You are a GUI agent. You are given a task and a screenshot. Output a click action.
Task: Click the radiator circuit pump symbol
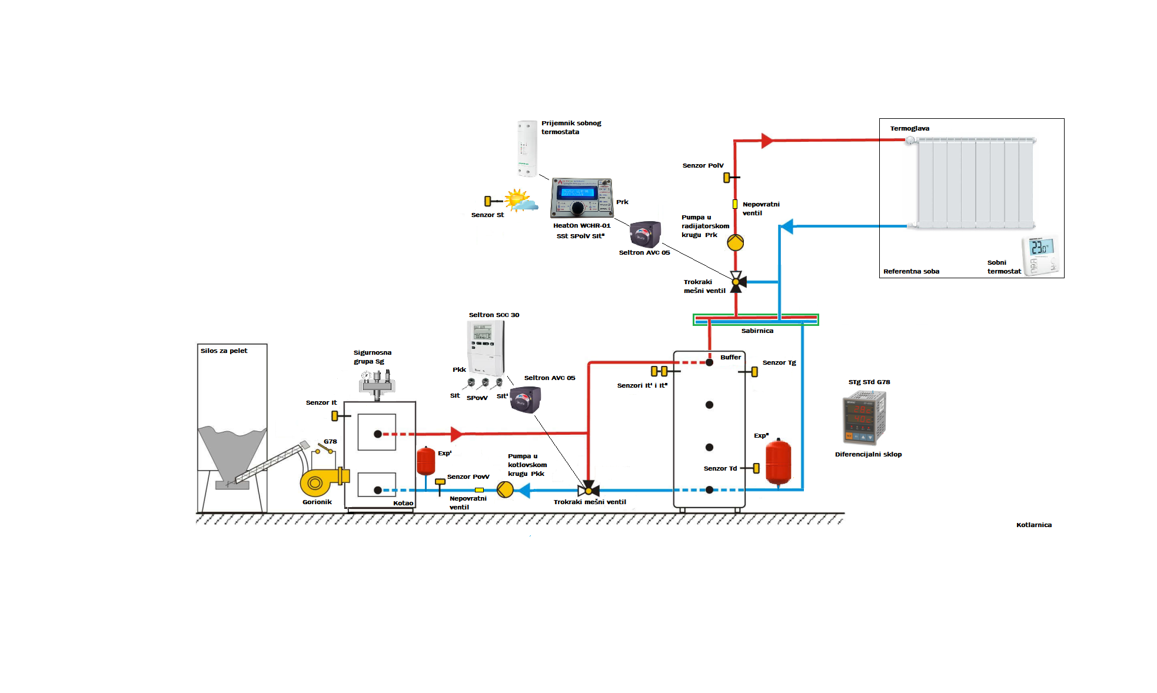[x=735, y=242]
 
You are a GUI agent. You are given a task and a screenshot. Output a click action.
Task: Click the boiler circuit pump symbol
[x=505, y=489]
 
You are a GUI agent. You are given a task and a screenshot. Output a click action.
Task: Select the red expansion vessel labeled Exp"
[x=778, y=462]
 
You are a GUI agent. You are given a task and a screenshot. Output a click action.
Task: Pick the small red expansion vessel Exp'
[x=425, y=461]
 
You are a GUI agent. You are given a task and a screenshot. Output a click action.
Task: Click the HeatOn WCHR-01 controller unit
[x=581, y=198]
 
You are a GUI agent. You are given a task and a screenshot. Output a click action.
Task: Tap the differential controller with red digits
[x=864, y=418]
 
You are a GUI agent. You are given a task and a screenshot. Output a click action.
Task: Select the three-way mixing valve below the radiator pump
[x=736, y=282]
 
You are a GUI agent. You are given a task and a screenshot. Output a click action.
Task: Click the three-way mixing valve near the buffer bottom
[x=589, y=489]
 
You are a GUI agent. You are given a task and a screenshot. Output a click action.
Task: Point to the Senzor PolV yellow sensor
[x=727, y=177]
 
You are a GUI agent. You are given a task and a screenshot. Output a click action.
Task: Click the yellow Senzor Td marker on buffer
[x=756, y=468]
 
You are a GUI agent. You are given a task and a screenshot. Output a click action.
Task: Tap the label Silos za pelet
[x=224, y=351]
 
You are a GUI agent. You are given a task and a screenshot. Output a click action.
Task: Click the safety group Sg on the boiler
[x=377, y=383]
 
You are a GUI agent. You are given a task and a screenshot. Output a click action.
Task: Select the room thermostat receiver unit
[x=527, y=148]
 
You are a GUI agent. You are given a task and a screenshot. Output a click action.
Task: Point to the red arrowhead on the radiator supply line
[x=767, y=141]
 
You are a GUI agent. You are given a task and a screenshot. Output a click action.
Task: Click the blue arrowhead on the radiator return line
[x=786, y=226]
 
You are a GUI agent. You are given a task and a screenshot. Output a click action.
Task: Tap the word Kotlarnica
[x=1033, y=525]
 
